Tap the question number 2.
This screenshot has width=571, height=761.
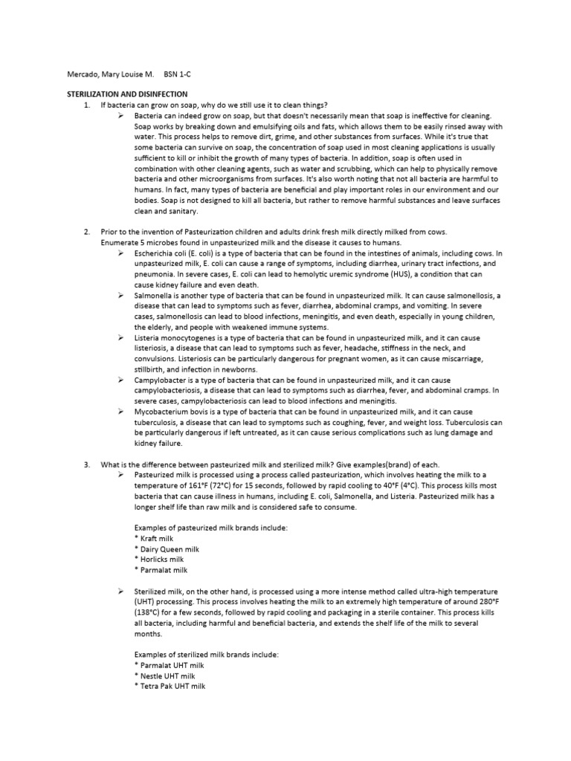(87, 233)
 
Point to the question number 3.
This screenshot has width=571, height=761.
(87, 464)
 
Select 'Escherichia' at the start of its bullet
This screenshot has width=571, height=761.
(155, 253)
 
